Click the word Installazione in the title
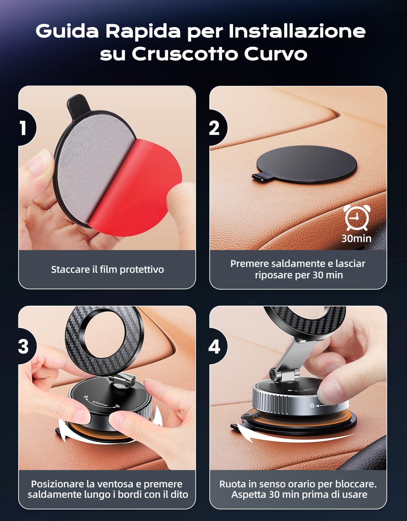coord(297,31)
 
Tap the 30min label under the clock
coord(357,239)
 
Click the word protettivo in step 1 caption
coord(142,270)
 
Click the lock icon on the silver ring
coord(312,405)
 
